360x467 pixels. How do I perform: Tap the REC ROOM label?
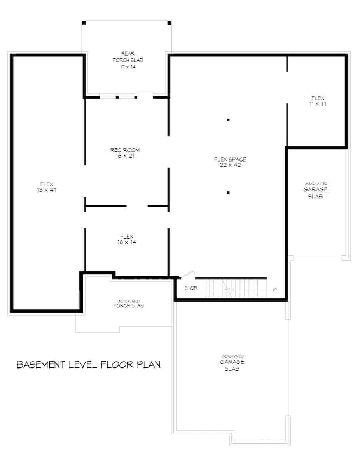125,150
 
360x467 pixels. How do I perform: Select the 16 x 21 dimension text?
125,156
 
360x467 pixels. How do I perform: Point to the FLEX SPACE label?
230,159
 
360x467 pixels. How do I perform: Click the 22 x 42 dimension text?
230,165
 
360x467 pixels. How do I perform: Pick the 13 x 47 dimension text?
46,190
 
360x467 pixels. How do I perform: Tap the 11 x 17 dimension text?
318,104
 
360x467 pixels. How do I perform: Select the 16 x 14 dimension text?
127,242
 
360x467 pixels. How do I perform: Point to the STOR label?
190,288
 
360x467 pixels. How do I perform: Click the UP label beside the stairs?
275,290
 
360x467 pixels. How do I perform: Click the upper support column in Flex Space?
228,120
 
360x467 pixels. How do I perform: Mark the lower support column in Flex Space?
228,192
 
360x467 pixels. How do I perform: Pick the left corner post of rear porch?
84,23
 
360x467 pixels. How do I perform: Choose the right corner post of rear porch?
169,23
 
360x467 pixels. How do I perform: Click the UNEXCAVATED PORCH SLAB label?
128,304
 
